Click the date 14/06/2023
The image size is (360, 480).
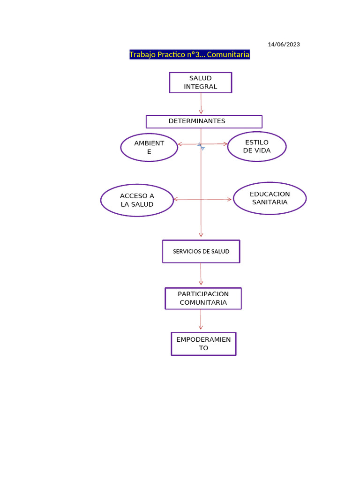pos(284,45)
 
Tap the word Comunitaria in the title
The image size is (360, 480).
pos(228,55)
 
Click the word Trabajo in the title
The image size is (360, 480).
pos(142,55)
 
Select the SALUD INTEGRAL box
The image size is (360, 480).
pos(201,82)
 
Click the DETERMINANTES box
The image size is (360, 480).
pos(204,121)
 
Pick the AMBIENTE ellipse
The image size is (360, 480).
pos(149,147)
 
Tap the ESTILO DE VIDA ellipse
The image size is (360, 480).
pos(256,147)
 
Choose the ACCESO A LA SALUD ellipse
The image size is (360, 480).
pos(137,200)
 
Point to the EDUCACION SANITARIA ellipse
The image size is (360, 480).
pos(270,198)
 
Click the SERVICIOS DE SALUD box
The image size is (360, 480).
pos(201,251)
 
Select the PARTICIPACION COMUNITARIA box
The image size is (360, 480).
pos(203,298)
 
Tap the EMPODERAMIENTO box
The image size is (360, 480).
pos(203,344)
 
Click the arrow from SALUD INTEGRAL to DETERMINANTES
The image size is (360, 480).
pos(201,103)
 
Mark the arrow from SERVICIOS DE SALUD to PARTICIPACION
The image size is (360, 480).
pos(201,274)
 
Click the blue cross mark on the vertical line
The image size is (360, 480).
pos(201,146)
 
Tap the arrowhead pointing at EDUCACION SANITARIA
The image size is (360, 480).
pos(229,199)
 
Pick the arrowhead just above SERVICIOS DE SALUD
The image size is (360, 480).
pos(201,234)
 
